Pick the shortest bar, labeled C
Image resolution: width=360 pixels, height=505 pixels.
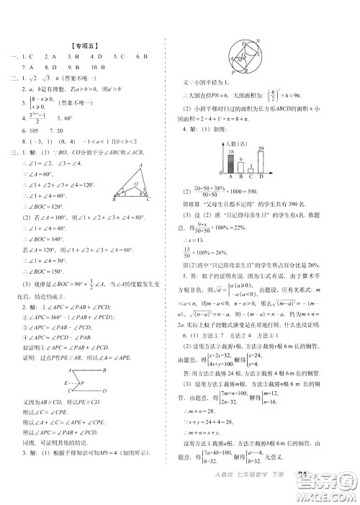pos(251,171)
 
